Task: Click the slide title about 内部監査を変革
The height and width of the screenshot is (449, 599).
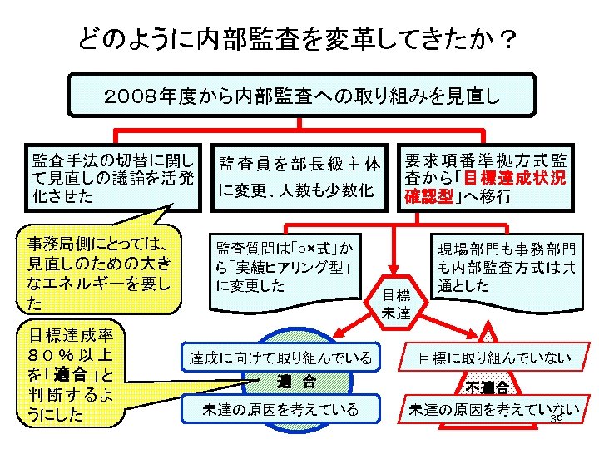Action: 295,37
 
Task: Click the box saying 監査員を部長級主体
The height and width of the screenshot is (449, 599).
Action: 299,176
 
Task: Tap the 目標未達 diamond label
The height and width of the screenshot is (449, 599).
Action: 396,303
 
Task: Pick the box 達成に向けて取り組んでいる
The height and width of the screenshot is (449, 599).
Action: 280,358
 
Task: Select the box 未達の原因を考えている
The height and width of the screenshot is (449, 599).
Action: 280,408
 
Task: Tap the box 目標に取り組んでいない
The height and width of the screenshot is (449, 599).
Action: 494,358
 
